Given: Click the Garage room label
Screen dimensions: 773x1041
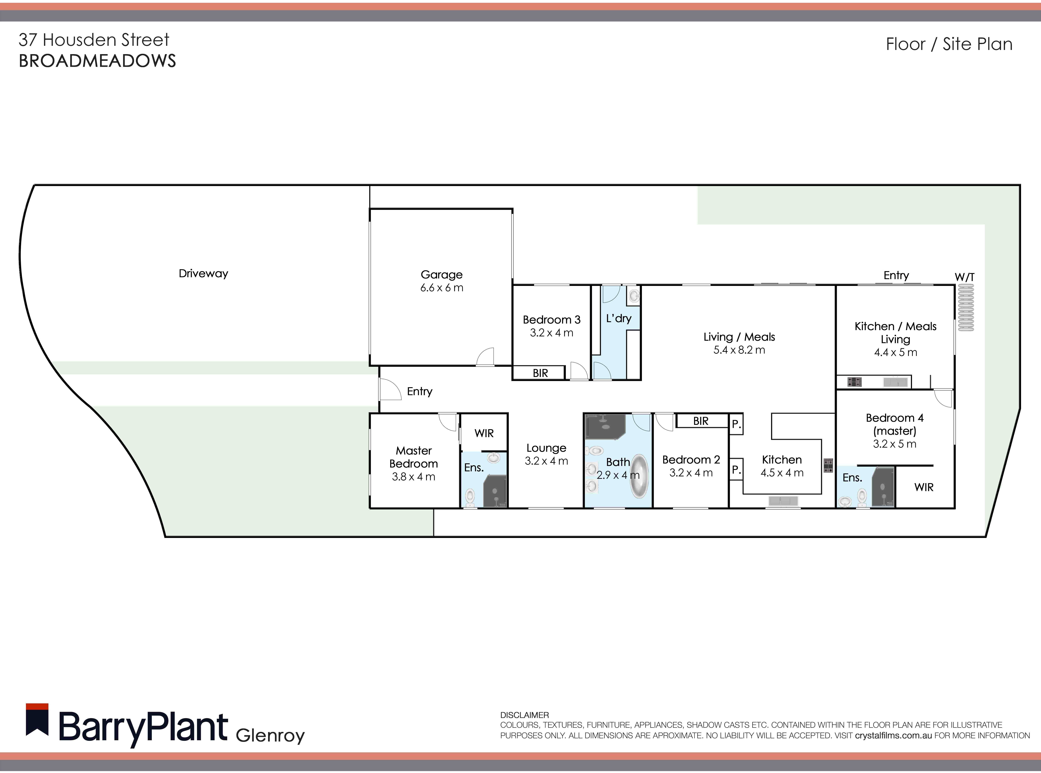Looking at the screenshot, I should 441,275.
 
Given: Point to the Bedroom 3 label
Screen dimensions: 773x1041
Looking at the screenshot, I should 551,320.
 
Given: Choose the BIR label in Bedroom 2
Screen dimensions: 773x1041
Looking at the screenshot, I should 700,421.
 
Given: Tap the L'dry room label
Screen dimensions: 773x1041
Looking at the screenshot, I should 618,319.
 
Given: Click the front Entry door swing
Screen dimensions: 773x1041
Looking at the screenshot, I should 390,389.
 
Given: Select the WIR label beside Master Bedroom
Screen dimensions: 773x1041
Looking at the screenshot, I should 484,433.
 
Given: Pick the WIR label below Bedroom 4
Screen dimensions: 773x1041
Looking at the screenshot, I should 924,487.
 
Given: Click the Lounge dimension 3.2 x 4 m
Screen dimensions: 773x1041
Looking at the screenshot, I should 546,461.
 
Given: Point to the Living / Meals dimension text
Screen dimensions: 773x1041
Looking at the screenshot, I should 739,350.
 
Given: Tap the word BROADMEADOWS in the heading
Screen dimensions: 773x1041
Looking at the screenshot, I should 97,61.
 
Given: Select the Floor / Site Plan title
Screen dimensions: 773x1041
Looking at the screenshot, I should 949,44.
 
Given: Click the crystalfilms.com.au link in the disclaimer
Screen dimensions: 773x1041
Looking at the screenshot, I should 893,736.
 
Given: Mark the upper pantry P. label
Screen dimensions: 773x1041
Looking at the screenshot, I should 736,424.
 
